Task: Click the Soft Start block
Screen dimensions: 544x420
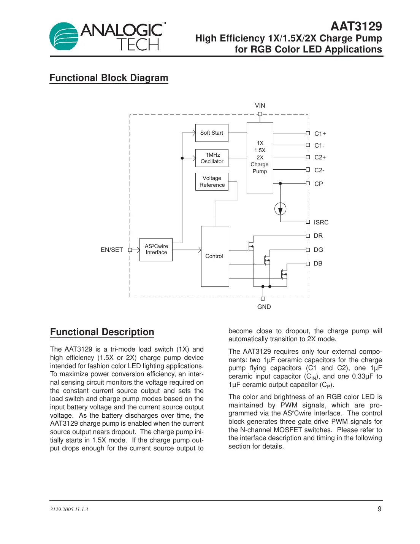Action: tap(212, 133)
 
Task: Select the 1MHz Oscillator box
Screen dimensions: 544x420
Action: tap(212, 158)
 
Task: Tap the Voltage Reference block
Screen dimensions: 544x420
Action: tap(212, 181)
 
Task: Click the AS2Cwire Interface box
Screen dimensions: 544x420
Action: tap(156, 250)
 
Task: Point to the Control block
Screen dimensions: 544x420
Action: tap(215, 256)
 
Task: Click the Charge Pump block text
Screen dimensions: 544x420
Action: tap(260, 157)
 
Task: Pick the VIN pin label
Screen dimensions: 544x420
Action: tap(260, 105)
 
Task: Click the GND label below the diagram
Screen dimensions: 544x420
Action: tap(264, 307)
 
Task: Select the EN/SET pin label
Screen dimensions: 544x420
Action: tap(112, 250)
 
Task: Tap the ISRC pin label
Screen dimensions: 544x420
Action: tap(321, 222)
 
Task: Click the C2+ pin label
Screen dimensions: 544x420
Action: tap(320, 157)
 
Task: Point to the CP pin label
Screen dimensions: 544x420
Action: tap(319, 184)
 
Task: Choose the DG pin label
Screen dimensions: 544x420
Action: tap(318, 250)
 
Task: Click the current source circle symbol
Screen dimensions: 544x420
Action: tap(280, 209)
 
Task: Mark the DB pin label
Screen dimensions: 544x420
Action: tap(318, 263)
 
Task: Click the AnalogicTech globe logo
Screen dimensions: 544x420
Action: tap(63, 37)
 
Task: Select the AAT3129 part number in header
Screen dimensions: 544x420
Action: tap(356, 26)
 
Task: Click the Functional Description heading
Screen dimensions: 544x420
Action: tap(102, 332)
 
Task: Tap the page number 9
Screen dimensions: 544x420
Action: tap(379, 509)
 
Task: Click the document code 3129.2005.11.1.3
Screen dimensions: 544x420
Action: tap(69, 509)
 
